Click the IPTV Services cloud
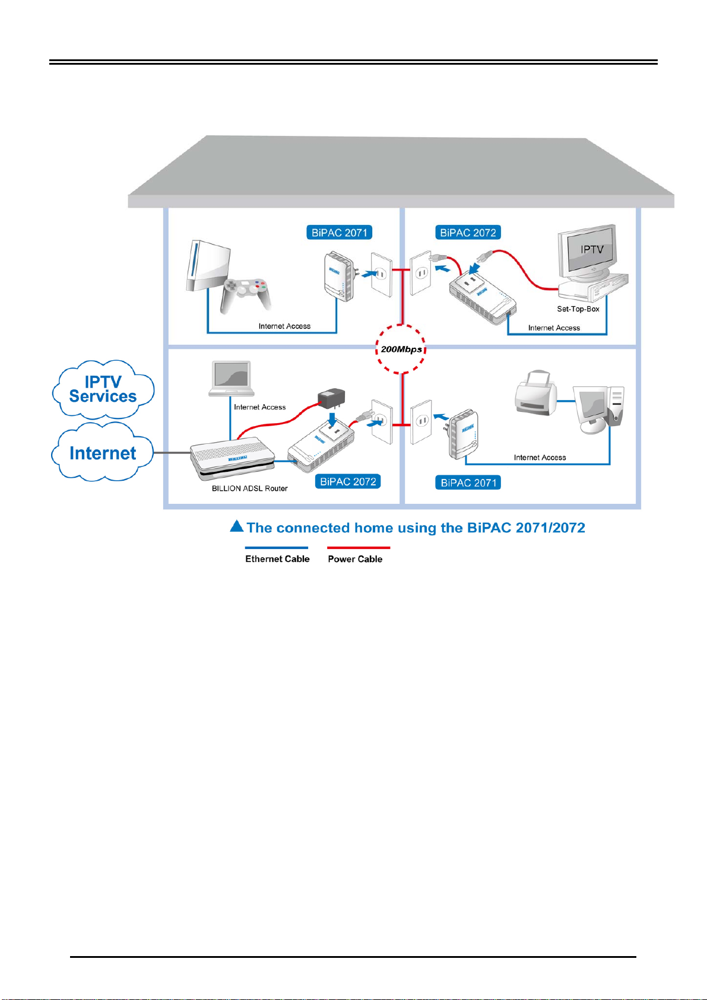pyautogui.click(x=103, y=389)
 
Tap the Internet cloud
pyautogui.click(x=103, y=453)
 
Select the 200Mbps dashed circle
pyautogui.click(x=401, y=349)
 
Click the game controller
pyautogui.click(x=244, y=294)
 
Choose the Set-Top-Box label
pyautogui.click(x=578, y=309)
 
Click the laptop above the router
pyautogui.click(x=232, y=378)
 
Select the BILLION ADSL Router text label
pyautogui.click(x=249, y=488)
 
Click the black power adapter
pyautogui.click(x=331, y=398)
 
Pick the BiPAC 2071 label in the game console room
pyautogui.click(x=339, y=233)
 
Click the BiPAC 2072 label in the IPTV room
pyautogui.click(x=468, y=233)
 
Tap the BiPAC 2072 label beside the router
pyautogui.click(x=348, y=481)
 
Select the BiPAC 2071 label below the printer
pyautogui.click(x=468, y=482)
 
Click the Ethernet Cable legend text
pyautogui.click(x=277, y=559)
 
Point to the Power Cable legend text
pyautogui.click(x=355, y=559)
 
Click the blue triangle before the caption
pyautogui.click(x=237, y=526)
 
